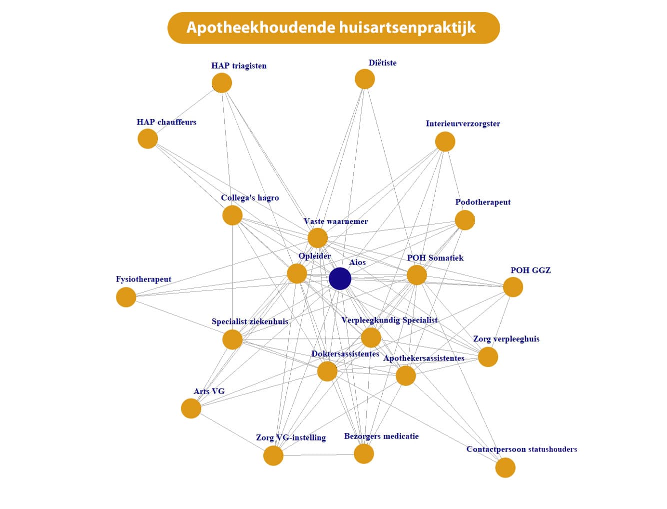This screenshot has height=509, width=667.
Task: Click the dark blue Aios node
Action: tap(340, 278)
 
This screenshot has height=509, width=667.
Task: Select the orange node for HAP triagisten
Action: tap(222, 83)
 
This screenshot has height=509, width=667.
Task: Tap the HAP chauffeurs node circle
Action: tap(148, 138)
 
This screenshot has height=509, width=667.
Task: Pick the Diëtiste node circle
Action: tap(365, 79)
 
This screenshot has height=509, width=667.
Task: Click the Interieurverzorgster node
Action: tap(445, 141)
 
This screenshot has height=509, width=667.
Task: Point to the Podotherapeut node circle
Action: tap(465, 220)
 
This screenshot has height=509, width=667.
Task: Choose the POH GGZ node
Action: tap(513, 287)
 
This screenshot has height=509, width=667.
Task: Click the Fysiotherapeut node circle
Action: tap(126, 297)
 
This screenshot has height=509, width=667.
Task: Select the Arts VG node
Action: tap(191, 408)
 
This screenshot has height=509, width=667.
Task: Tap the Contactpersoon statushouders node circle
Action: tap(505, 468)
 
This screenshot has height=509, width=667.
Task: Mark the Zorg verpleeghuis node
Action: tap(488, 357)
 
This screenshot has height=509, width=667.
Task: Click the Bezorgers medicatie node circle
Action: tap(364, 454)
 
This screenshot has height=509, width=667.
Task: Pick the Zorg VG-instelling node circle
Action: tap(273, 456)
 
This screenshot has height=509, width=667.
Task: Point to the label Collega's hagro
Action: tap(250, 198)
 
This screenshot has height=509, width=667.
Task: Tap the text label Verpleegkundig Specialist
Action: tap(389, 320)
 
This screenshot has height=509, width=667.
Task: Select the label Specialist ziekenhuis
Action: tap(250, 321)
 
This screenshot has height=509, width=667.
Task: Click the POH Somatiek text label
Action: tap(435, 258)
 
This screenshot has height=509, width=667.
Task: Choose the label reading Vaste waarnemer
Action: tap(336, 221)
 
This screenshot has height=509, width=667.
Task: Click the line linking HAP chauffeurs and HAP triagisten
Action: tap(185, 111)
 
